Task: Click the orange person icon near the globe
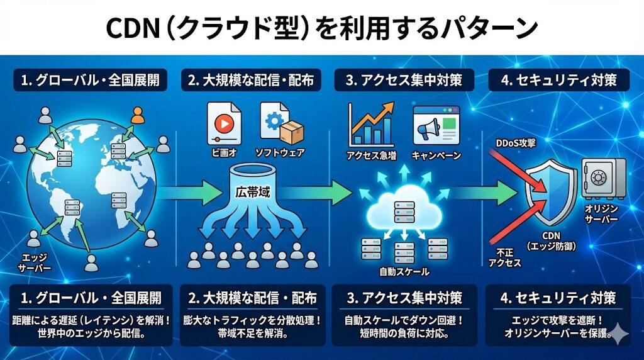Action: coord(137,115)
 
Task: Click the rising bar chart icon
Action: coord(371,125)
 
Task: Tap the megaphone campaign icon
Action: coord(436,126)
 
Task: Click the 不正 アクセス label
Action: coord(504,257)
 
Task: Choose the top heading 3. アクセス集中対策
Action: coord(403,80)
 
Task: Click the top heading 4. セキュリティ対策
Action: coord(558,80)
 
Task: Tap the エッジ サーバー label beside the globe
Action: coord(31,263)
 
